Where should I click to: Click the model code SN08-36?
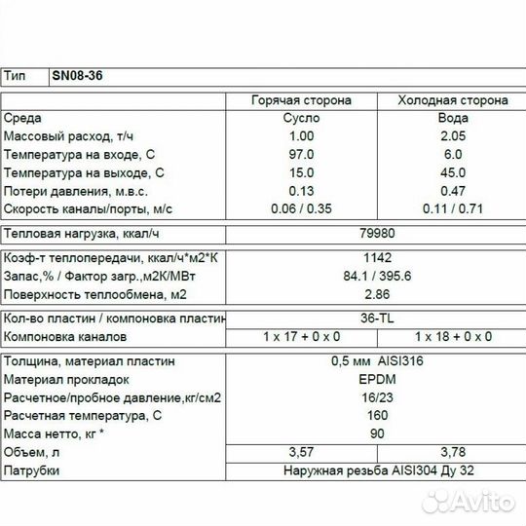click(x=76, y=76)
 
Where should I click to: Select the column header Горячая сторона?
click(x=303, y=99)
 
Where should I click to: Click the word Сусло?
click(x=303, y=118)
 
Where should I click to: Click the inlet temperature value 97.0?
click(x=303, y=154)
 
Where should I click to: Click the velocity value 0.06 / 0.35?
click(x=303, y=208)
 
